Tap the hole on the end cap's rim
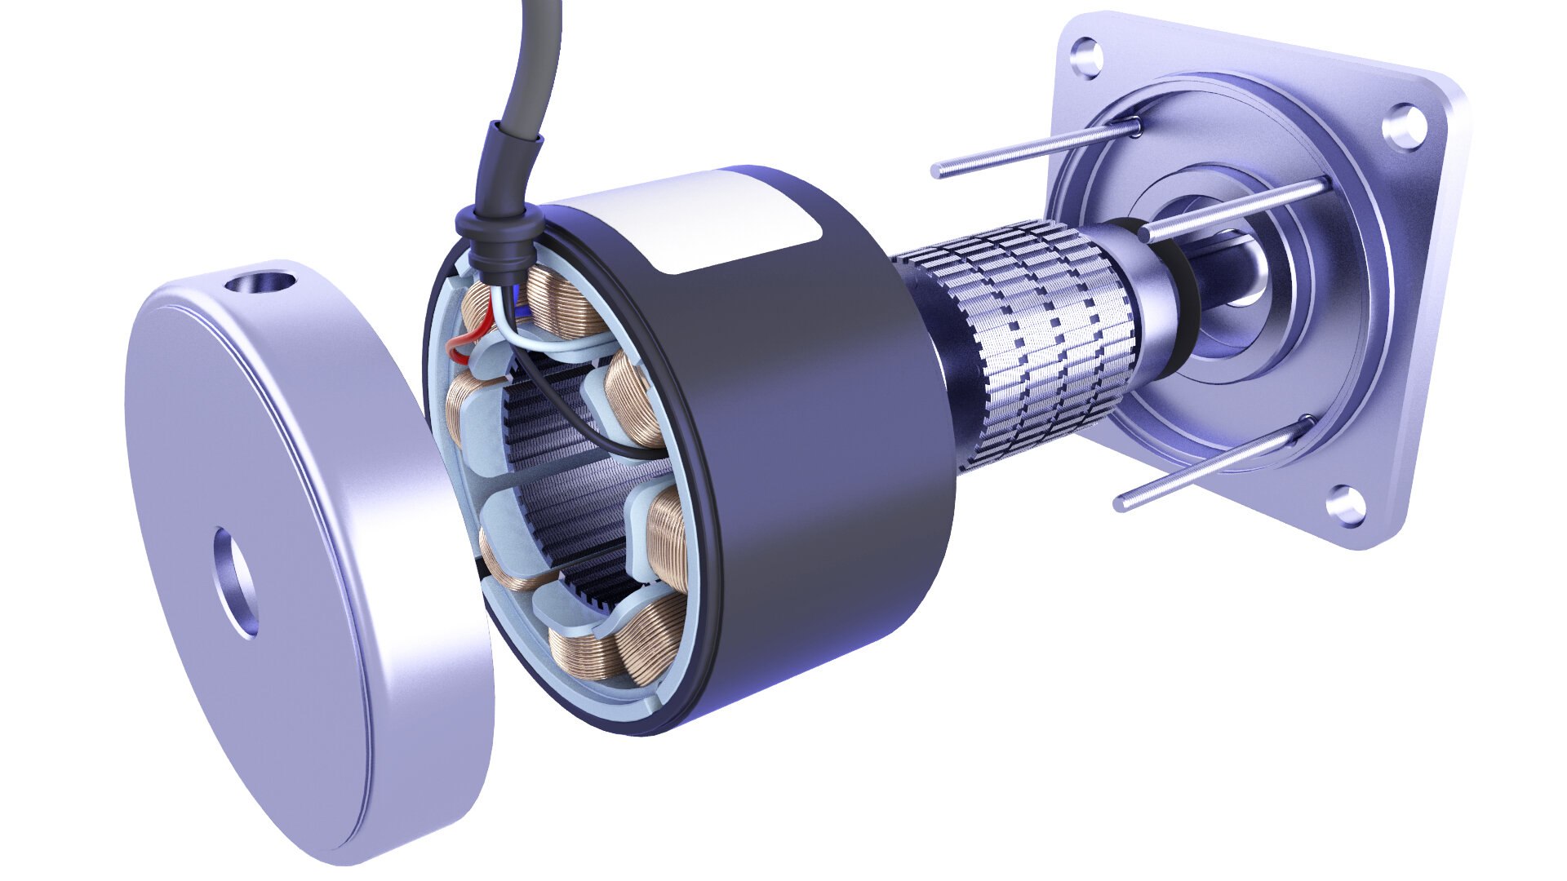pyautogui.click(x=261, y=284)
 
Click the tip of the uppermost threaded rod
pyautogui.click(x=939, y=171)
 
